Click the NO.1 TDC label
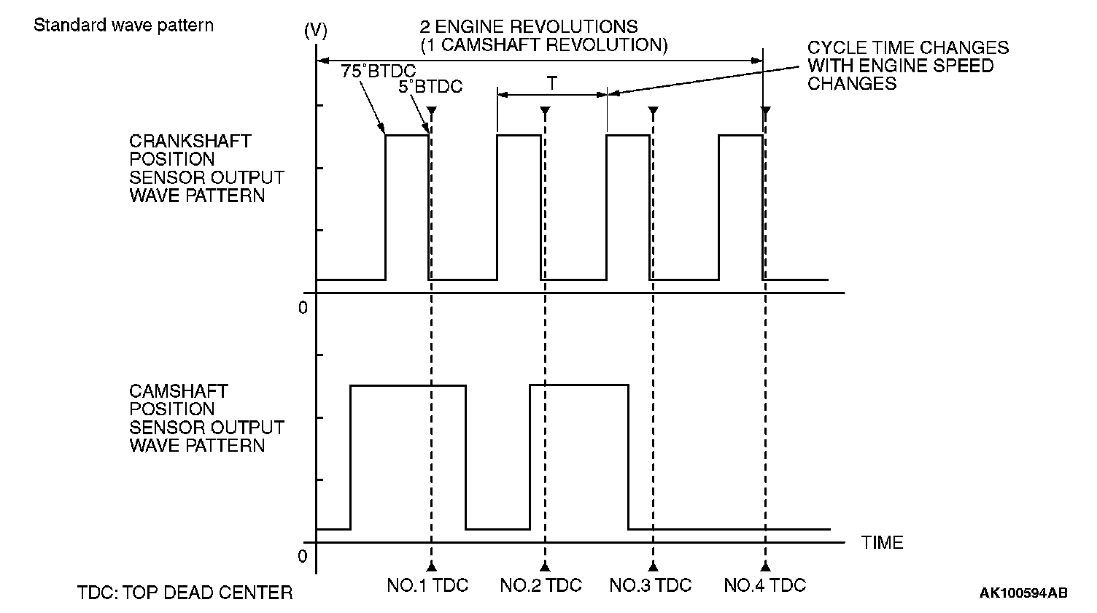coord(427,585)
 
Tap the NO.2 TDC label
coord(541,585)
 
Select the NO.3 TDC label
coord(651,585)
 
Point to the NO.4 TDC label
coord(765,585)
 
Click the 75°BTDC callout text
coord(378,72)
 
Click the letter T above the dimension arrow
coord(552,84)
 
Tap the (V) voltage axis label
coord(315,31)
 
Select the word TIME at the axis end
coord(883,543)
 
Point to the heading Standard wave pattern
coord(124,25)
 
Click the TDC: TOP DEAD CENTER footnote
coord(185,592)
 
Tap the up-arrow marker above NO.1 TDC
coord(432,566)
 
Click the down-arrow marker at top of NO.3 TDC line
coord(654,111)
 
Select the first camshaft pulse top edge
coord(408,385)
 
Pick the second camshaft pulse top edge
coord(578,385)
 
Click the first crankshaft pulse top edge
coord(407,135)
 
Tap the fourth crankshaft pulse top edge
coord(740,135)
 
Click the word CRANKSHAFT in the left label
coord(190,141)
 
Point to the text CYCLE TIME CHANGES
coord(908,48)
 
